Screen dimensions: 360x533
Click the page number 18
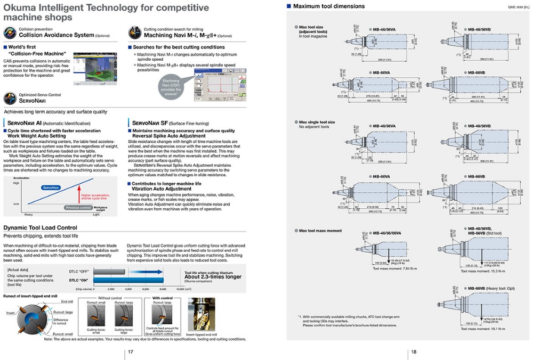click(413, 351)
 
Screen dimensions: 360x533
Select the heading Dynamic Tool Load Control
click(41, 227)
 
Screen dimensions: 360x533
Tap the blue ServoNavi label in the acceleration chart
click(51, 187)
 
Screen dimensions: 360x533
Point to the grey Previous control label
click(78, 208)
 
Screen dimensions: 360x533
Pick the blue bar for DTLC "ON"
click(133, 280)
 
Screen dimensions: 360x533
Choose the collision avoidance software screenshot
click(95, 69)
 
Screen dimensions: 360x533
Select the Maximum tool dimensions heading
click(329, 6)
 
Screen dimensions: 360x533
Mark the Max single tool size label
click(317, 122)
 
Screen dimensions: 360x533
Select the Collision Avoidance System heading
click(56, 35)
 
